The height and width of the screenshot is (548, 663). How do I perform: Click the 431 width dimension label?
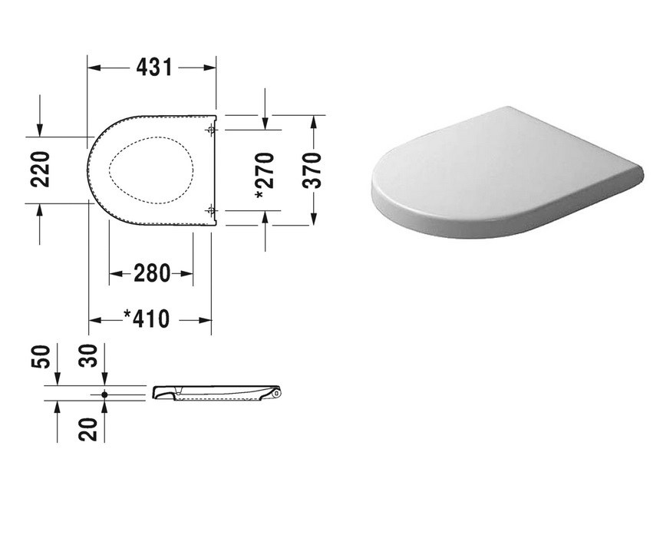coord(153,68)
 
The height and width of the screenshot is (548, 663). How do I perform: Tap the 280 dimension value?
coord(151,273)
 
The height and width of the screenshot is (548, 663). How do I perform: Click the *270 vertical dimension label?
coord(264,176)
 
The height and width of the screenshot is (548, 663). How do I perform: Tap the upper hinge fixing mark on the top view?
coord(210,130)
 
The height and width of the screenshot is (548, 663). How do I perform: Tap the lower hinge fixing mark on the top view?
coord(210,210)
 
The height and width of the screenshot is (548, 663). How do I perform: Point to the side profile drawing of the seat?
coord(215,393)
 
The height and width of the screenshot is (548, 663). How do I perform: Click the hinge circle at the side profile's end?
coord(276,394)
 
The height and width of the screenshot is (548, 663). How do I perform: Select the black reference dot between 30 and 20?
coord(104,394)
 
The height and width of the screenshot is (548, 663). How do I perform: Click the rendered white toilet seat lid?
coord(506,173)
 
